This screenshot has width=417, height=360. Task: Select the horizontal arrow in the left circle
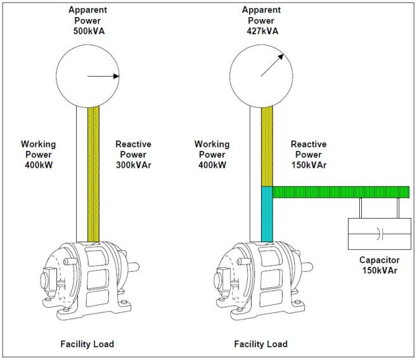[103, 77]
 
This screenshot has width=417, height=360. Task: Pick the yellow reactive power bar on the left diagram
[93, 171]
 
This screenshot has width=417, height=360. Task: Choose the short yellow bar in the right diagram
[267, 146]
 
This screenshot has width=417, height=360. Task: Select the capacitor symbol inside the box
[378, 233]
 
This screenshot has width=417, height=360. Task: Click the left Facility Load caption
[87, 344]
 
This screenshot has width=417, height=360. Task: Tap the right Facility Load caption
[260, 344]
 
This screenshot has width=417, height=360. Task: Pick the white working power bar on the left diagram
[82, 171]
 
